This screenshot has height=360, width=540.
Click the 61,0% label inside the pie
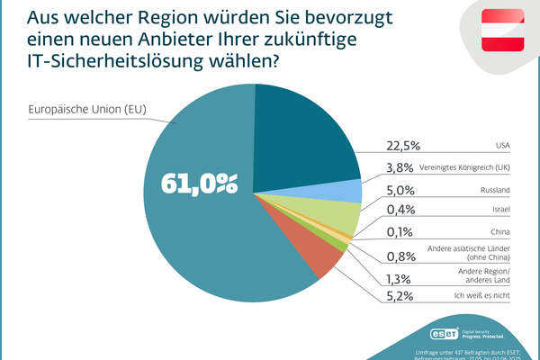(200, 184)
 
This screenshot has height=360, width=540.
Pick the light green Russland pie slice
(343, 214)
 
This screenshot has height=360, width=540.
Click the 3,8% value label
(399, 167)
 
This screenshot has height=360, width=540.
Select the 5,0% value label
(400, 190)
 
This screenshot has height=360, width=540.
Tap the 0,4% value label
(400, 212)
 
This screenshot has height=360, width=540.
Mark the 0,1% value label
(400, 235)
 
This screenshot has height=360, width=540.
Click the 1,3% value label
(399, 278)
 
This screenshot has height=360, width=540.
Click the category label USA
(502, 144)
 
